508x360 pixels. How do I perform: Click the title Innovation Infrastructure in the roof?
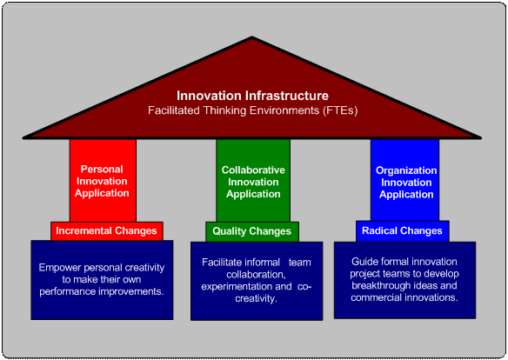tap(253, 96)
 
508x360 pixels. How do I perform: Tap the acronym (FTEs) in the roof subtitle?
tap(340, 110)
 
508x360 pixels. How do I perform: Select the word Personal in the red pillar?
tap(102, 170)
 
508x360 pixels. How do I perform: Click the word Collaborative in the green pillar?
tap(253, 170)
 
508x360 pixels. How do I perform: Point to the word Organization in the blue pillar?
tap(406, 171)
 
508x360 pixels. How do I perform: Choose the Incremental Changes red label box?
tap(107, 231)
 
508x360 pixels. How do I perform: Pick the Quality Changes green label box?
tap(252, 232)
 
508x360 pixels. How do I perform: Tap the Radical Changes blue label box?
tap(403, 231)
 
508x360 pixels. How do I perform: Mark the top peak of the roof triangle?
tap(252, 37)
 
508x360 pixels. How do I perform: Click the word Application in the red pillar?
tap(102, 194)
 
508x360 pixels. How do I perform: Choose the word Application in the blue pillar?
tap(406, 195)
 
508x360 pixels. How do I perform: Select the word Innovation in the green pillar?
tap(253, 182)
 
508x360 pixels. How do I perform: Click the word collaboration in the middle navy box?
tap(256, 275)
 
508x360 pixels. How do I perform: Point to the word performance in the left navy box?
tap(67, 292)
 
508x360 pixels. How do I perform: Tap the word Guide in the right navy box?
tap(364, 262)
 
